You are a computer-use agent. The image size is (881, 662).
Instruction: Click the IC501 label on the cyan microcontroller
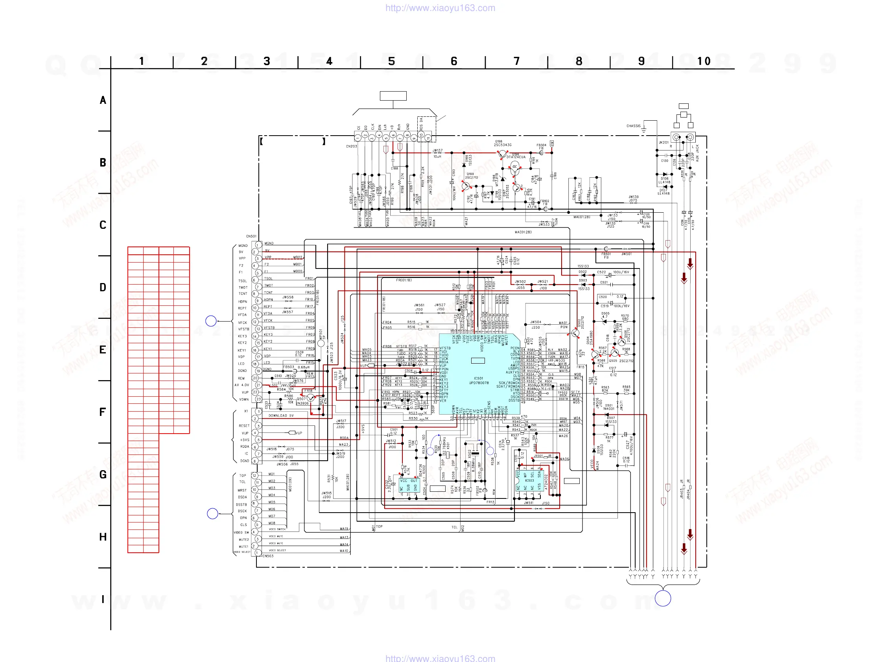click(x=478, y=378)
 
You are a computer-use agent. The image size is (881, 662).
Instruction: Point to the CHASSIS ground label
click(x=633, y=126)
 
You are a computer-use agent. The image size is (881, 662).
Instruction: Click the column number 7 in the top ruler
click(x=516, y=61)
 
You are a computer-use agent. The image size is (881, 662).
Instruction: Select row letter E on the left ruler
click(x=103, y=349)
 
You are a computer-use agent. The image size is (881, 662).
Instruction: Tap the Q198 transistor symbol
click(x=502, y=153)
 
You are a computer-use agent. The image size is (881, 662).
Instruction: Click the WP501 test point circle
click(x=321, y=343)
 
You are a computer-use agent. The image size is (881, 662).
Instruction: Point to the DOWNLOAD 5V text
click(x=281, y=416)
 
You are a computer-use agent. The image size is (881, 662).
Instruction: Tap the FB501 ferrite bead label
click(x=606, y=254)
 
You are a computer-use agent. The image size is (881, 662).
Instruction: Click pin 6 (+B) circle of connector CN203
click(x=393, y=135)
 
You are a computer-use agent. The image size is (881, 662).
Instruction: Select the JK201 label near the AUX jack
click(x=664, y=143)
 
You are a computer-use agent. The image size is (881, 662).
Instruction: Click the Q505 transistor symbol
click(x=615, y=353)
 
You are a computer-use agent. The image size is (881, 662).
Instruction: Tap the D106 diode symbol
click(x=665, y=175)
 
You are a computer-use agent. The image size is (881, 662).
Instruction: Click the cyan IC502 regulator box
click(x=409, y=485)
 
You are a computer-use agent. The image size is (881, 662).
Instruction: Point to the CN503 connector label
click(x=268, y=556)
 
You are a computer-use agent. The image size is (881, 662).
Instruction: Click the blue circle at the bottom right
click(x=663, y=598)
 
